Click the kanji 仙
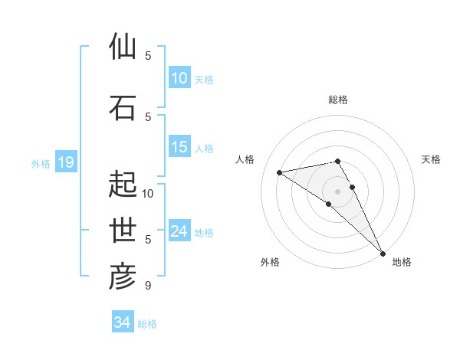(123, 47)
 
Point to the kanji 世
(123, 231)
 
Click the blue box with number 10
(179, 78)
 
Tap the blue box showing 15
(179, 147)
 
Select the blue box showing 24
(179, 231)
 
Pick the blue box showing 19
(65, 162)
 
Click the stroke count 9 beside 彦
(147, 286)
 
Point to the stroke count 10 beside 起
(149, 193)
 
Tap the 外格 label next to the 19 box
(41, 163)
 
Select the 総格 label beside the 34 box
(147, 324)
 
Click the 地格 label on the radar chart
(402, 262)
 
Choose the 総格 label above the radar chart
(338, 100)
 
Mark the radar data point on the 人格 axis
(280, 172)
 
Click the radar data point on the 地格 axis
(383, 253)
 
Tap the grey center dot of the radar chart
(337, 191)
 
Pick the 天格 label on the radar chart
(432, 159)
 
